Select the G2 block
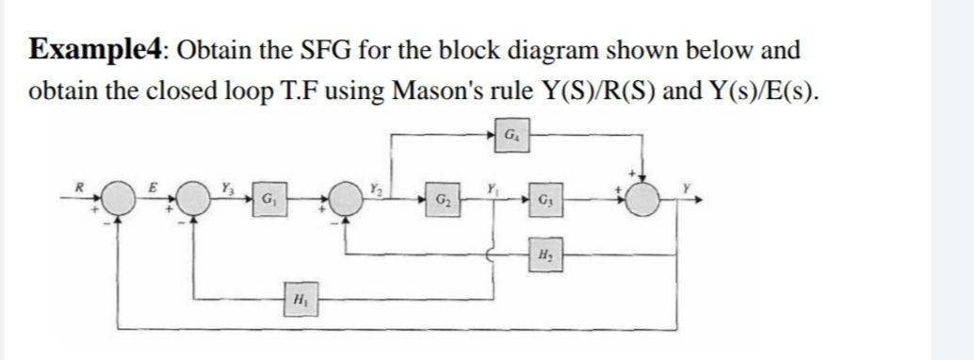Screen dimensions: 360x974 (441, 202)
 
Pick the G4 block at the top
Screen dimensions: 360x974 (509, 136)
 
